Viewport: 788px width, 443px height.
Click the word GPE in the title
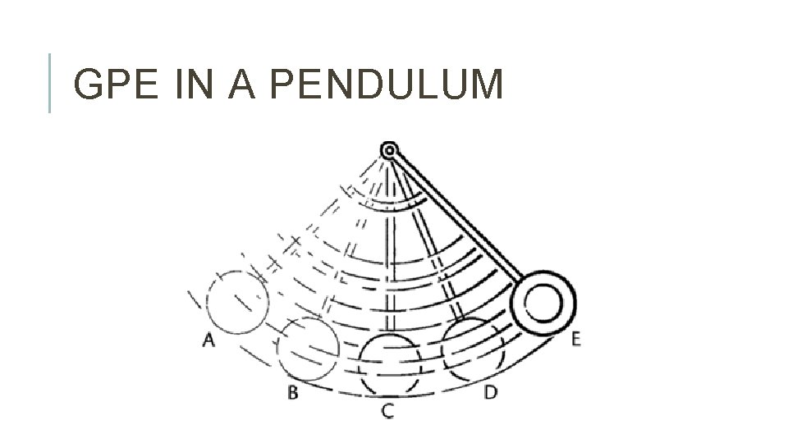[x=117, y=85]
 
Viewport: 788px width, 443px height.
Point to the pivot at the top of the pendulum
[x=389, y=150]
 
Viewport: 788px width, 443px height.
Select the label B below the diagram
[x=292, y=392]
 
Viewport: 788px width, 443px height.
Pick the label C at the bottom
[x=387, y=410]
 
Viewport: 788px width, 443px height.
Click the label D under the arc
[x=490, y=392]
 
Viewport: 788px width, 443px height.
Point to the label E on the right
[x=576, y=339]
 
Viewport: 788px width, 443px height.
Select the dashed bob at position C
[x=390, y=363]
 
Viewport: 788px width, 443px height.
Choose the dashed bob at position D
[x=471, y=348]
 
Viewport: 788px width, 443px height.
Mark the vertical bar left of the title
[x=51, y=82]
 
